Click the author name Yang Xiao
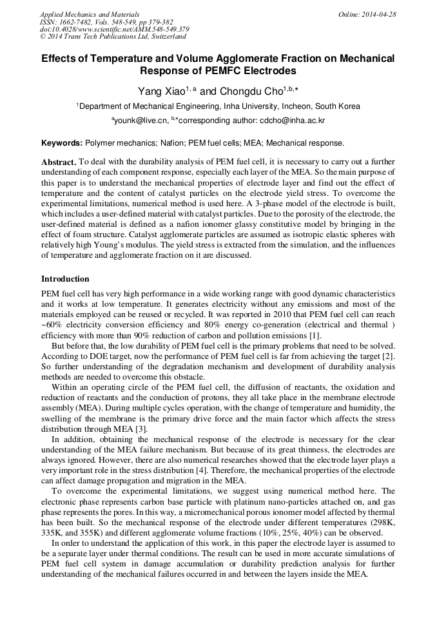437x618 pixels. click(160, 92)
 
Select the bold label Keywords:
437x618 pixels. click(62, 143)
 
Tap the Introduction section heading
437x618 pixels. click(65, 279)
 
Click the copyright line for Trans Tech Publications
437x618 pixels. click(113, 37)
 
